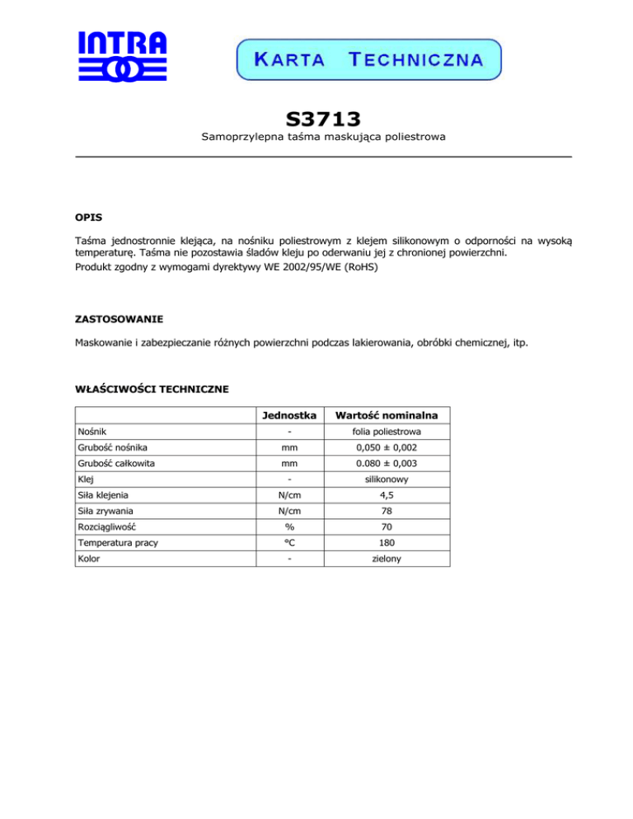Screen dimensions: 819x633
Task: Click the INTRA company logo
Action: pos(122,57)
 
